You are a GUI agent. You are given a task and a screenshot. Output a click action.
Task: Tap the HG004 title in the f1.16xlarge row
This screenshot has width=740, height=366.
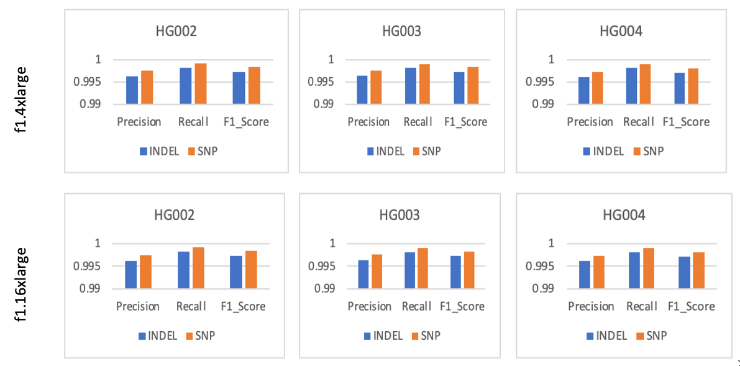pos(624,215)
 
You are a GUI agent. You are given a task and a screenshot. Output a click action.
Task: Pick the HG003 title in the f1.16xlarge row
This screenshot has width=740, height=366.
pos(400,215)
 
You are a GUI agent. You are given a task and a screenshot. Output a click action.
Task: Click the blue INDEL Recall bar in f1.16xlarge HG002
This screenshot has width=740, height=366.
pos(184,270)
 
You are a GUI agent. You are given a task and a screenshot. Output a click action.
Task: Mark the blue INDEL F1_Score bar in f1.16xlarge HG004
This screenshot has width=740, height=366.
pos(684,272)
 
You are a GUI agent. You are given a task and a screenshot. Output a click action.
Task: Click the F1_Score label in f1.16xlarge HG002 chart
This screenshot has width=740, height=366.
pos(243,306)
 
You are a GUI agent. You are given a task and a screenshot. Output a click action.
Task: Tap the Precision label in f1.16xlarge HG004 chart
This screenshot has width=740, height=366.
pos(591,306)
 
